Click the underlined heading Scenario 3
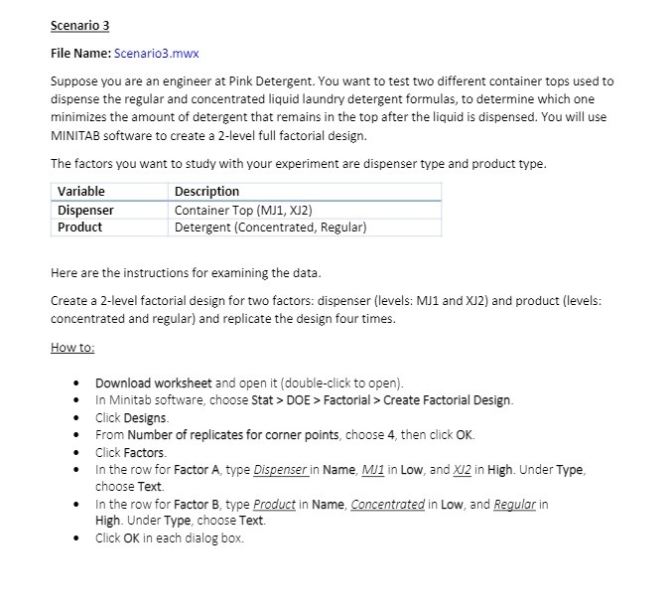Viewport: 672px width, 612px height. [80, 25]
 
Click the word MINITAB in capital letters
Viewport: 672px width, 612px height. [82, 135]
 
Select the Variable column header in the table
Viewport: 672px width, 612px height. [81, 191]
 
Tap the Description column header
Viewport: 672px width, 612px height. [206, 191]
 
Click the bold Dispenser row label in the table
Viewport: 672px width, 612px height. [85, 210]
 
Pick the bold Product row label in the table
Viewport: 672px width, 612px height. [79, 227]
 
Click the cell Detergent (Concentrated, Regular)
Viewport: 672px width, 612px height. [270, 227]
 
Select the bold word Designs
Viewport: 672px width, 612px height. [145, 417]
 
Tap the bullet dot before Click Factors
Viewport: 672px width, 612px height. [76, 453]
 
